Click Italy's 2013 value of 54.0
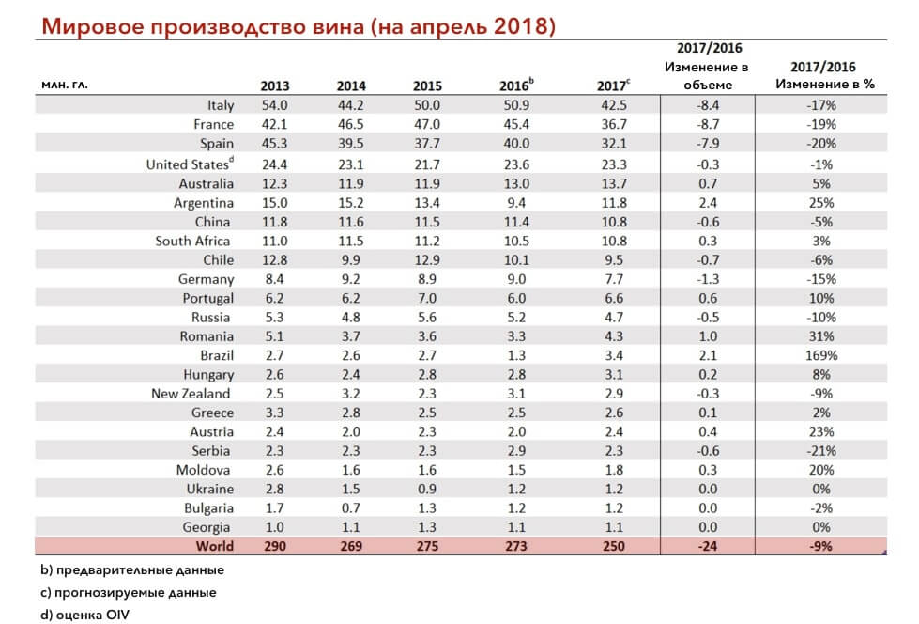pyautogui.click(x=274, y=105)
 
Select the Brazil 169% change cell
pyautogui.click(x=821, y=355)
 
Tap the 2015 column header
pyautogui.click(x=427, y=86)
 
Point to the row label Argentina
pyautogui.click(x=204, y=203)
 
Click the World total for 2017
pyautogui.click(x=614, y=546)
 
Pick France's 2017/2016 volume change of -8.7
pyautogui.click(x=708, y=124)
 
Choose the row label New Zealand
pyautogui.click(x=191, y=394)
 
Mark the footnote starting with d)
pyautogui.click(x=85, y=615)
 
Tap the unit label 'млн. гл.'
pyautogui.click(x=65, y=86)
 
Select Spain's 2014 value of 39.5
pyautogui.click(x=350, y=143)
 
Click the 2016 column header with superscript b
pyautogui.click(x=516, y=86)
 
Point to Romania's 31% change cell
pyautogui.click(x=821, y=336)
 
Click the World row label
pyautogui.click(x=215, y=546)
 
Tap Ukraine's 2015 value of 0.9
pyautogui.click(x=427, y=489)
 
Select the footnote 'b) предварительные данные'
pyautogui.click(x=132, y=570)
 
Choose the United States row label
pyautogui.click(x=190, y=164)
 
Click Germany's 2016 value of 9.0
pyautogui.click(x=516, y=279)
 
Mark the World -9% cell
pyautogui.click(x=821, y=546)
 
